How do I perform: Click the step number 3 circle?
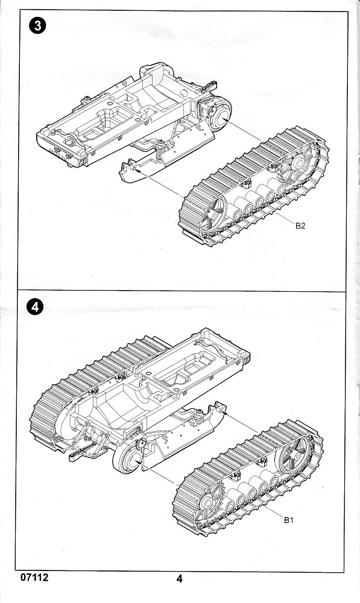pyautogui.click(x=37, y=26)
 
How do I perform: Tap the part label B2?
pyautogui.click(x=300, y=226)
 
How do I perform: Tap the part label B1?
pyautogui.click(x=289, y=520)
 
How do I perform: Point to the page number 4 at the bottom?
pyautogui.click(x=180, y=578)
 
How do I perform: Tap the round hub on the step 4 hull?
pyautogui.click(x=129, y=458)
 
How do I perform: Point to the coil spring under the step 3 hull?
pyautogui.click(x=160, y=150)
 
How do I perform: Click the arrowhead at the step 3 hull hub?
pyautogui.click(x=224, y=121)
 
